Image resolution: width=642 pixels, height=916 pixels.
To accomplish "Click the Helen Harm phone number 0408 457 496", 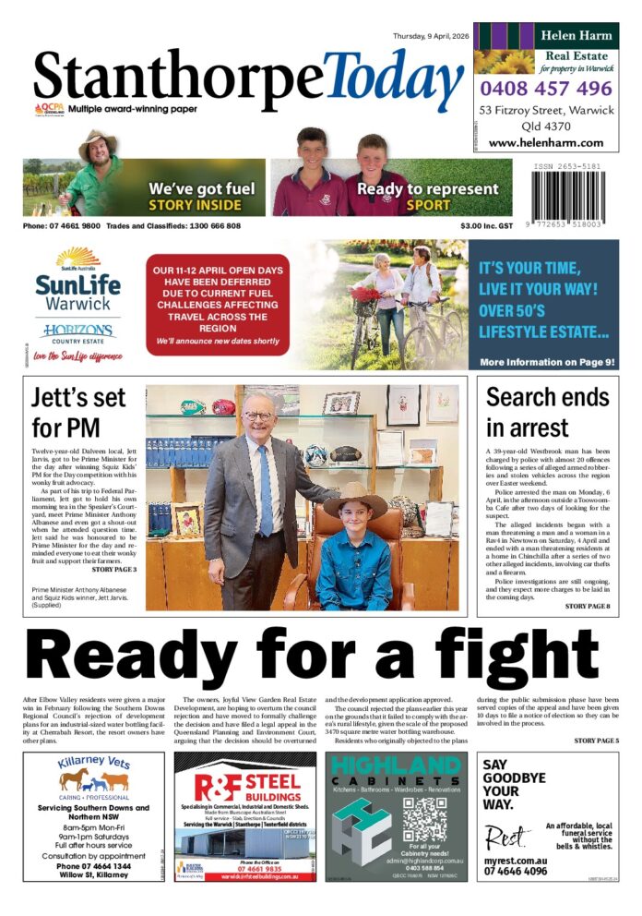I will pyautogui.click(x=546, y=89).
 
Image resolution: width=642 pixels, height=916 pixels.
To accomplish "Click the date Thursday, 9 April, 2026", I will pyautogui.click(x=429, y=36).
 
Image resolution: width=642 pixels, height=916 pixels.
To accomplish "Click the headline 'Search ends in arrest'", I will pyautogui.click(x=547, y=412).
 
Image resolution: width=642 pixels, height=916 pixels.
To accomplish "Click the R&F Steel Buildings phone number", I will pyautogui.click(x=245, y=868).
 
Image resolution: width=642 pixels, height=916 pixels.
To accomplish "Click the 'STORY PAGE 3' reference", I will pyautogui.click(x=112, y=570).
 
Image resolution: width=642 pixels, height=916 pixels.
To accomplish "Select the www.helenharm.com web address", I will pyautogui.click(x=546, y=143).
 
